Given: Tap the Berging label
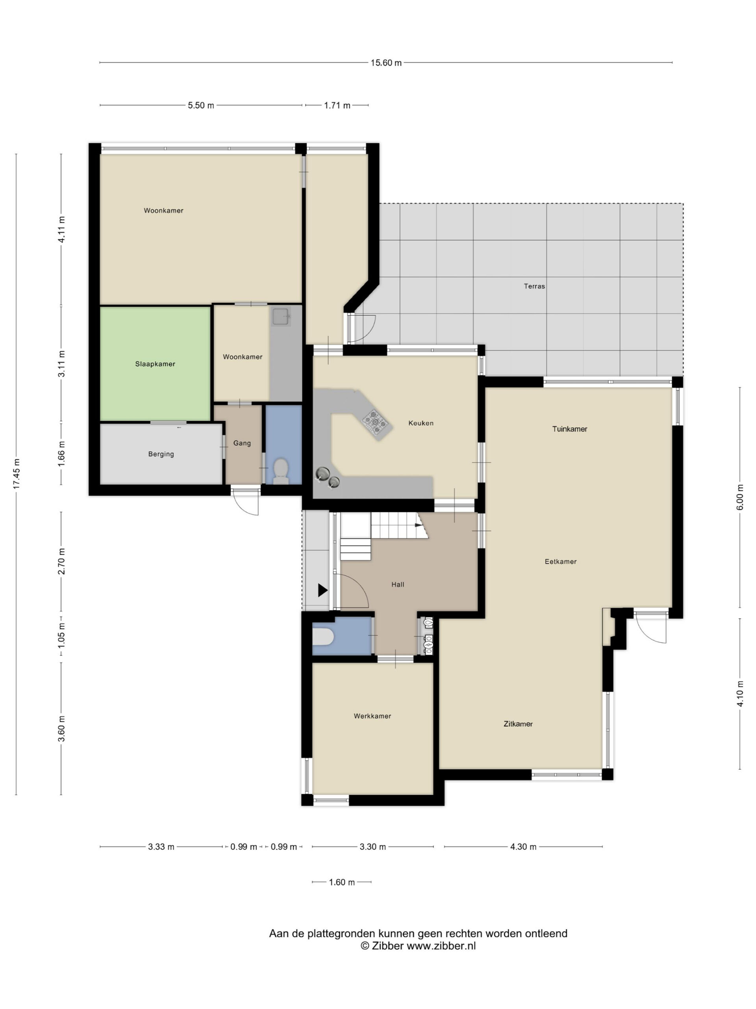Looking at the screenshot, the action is point(161,454).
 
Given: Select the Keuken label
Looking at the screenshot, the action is point(421,423).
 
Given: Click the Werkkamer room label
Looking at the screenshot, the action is point(372,716).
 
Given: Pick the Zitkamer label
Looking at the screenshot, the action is point(518,724).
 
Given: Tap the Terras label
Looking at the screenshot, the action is point(534,287).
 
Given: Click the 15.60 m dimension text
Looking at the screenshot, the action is point(386,63).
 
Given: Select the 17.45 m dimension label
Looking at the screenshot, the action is point(17,474).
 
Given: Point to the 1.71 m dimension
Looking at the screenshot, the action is point(337,106).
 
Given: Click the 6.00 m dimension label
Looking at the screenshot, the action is point(740,497).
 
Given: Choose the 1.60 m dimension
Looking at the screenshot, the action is point(342,882).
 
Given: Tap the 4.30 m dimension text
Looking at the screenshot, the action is point(523,847).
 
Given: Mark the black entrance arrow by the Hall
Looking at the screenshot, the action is point(322,590).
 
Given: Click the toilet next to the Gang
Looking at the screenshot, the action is point(281,471).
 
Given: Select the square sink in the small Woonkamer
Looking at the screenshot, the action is point(282,316).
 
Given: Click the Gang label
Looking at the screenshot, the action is point(242,443).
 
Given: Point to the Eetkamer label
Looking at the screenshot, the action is point(561,562).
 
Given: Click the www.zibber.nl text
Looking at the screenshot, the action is point(441,946).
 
